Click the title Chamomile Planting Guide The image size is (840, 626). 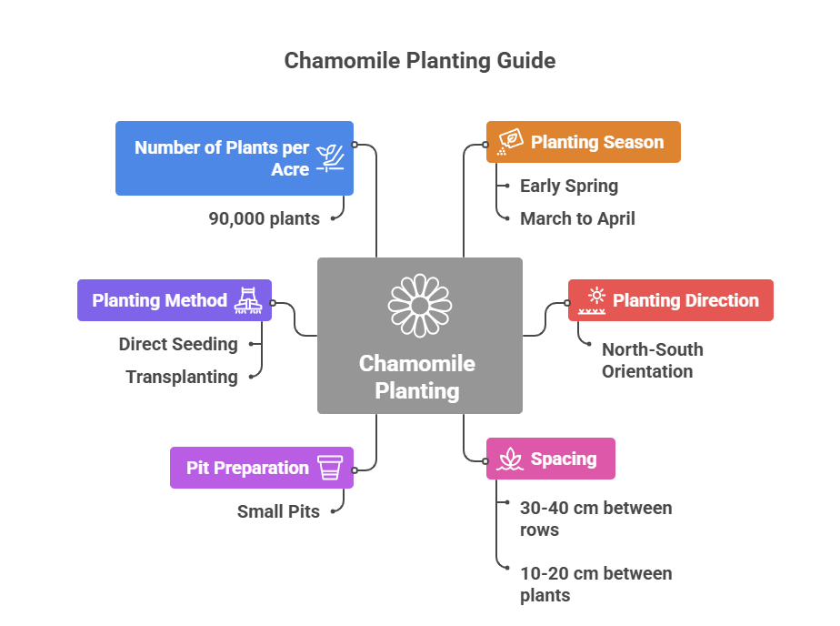pos(419,61)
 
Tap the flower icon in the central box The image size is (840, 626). pos(419,305)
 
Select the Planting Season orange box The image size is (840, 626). pos(583,142)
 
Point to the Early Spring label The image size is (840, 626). pos(568,186)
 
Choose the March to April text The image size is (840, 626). pos(577,218)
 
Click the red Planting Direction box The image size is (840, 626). pos(670,300)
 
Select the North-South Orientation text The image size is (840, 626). pos(652,360)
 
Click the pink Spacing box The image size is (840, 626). pos(550,459)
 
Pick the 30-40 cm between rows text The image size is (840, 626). pos(595,519)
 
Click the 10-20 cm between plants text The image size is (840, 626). pos(595,584)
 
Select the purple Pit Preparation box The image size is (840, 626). pos(262,468)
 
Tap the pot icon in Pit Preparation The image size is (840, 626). pos(330,468)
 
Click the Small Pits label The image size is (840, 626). pos(278,511)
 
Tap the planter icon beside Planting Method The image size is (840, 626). pos(248,300)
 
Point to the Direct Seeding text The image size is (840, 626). pos(178,344)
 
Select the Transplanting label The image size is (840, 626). pos(182,377)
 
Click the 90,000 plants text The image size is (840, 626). pos(264,218)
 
